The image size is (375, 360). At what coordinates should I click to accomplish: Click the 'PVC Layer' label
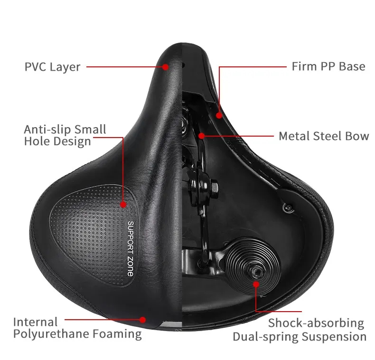[x=52, y=66]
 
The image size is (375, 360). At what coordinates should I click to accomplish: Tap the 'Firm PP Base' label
[x=328, y=66]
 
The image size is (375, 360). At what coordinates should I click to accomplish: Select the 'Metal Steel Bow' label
[x=324, y=136]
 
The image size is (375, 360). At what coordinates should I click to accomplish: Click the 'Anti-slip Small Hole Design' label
[x=65, y=135]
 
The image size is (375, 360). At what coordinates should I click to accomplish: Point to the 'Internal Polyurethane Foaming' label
[x=77, y=328]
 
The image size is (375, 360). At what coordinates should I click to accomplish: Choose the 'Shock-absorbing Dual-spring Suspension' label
[x=299, y=330]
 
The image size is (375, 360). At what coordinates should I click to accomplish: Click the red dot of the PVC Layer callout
[x=165, y=67]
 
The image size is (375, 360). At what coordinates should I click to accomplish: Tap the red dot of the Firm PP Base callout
[x=219, y=114]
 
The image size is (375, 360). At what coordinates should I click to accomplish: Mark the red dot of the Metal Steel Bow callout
[x=201, y=136]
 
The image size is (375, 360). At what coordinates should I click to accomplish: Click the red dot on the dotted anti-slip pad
[x=123, y=205]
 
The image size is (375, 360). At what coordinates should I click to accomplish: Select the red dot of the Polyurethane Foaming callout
[x=148, y=321]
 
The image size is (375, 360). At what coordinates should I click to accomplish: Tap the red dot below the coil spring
[x=256, y=285]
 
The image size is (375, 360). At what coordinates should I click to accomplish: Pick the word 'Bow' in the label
[x=358, y=136]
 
